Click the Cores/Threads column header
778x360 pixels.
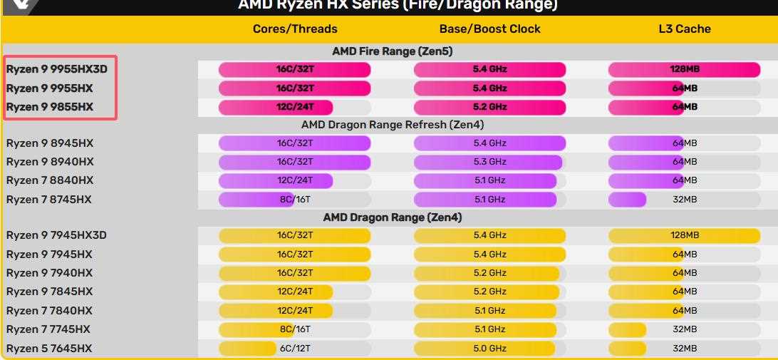pyautogui.click(x=295, y=29)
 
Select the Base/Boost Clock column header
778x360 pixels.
pyautogui.click(x=489, y=29)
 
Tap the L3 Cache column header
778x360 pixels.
pyautogui.click(x=684, y=29)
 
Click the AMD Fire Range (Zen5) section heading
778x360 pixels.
pyautogui.click(x=392, y=51)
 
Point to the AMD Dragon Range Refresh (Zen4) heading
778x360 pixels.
pyautogui.click(x=393, y=125)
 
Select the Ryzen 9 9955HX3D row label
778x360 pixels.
pyautogui.click(x=56, y=69)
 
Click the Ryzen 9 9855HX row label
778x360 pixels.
pyautogui.click(x=50, y=107)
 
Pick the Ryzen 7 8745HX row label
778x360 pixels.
pyautogui.click(x=49, y=200)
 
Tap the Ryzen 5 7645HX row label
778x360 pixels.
pyautogui.click(x=49, y=349)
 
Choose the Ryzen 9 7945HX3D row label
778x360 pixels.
pyautogui.click(x=56, y=235)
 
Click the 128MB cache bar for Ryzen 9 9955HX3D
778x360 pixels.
pyautogui.click(x=684, y=70)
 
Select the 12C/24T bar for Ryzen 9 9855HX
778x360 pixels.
pyautogui.click(x=276, y=107)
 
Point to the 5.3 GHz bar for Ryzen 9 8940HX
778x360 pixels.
pyautogui.click(x=488, y=162)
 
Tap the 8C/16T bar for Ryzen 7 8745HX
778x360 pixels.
pyautogui.click(x=255, y=200)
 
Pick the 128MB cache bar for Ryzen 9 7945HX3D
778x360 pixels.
pyautogui.click(x=684, y=235)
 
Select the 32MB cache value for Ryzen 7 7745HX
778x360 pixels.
pyautogui.click(x=684, y=329)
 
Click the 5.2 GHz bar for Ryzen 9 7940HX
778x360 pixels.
pyautogui.click(x=487, y=273)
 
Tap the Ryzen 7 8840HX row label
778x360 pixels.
pyautogui.click(x=50, y=180)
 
